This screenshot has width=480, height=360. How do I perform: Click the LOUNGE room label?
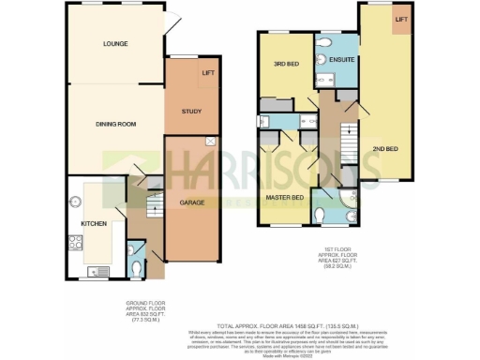coord(116,44)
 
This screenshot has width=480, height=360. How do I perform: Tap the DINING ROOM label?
coord(116,124)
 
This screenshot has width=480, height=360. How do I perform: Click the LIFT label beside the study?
coord(207,72)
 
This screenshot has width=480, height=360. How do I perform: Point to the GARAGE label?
coord(192,202)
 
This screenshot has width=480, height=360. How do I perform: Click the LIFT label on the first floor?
coord(400,20)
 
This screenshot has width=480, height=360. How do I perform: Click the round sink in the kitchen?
coord(75,200)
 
